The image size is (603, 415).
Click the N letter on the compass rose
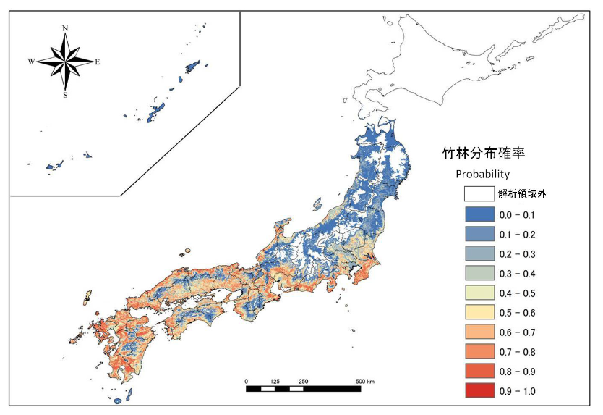[66, 28]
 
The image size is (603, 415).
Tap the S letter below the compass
[66, 95]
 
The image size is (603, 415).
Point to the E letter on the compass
[98, 62]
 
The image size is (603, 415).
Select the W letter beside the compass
[31, 62]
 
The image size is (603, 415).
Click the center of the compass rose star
[66, 61]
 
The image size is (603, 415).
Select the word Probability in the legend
[482, 174]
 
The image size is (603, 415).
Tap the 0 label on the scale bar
[247, 381]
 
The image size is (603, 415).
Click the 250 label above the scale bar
[304, 381]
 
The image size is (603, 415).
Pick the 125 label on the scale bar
[275, 381]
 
